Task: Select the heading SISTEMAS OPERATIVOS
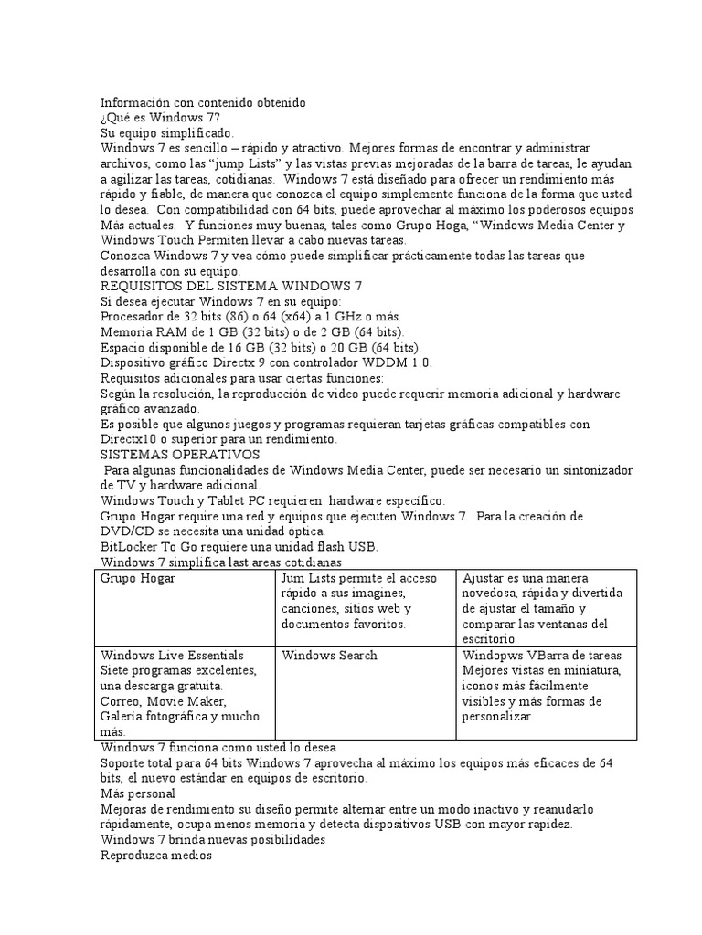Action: [x=180, y=454]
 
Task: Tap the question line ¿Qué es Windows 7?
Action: [x=160, y=118]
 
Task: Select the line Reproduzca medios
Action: [x=155, y=856]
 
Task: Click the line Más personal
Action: [x=137, y=793]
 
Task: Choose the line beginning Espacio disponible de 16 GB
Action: [x=260, y=347]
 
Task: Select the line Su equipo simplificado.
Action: [x=167, y=132]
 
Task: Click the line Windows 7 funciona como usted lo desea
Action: [x=218, y=747]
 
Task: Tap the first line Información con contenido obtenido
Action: [x=203, y=102]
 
